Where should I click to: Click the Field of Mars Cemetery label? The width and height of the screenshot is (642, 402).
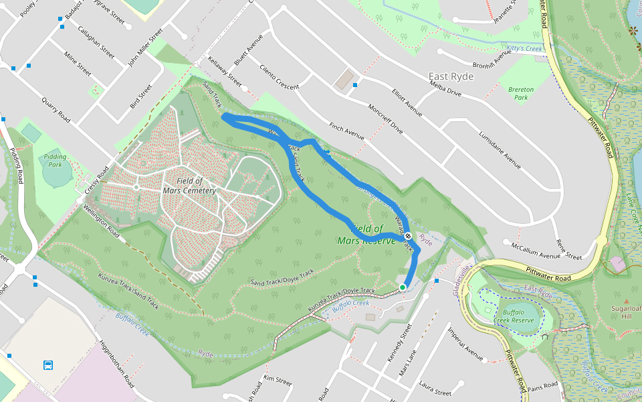tap(190, 186)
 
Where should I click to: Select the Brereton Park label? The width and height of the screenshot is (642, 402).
tap(520, 93)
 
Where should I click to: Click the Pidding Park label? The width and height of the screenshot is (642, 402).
tap(56, 160)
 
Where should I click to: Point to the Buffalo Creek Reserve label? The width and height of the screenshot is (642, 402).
tap(518, 316)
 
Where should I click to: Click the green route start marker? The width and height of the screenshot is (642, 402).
tap(403, 287)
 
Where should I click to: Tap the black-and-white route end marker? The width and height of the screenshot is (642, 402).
tap(407, 236)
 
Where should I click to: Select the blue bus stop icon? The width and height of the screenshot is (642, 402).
tap(48, 365)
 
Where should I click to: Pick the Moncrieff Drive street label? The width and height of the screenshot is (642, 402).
tap(385, 118)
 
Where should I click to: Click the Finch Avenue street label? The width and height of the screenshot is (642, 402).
tap(346, 131)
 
